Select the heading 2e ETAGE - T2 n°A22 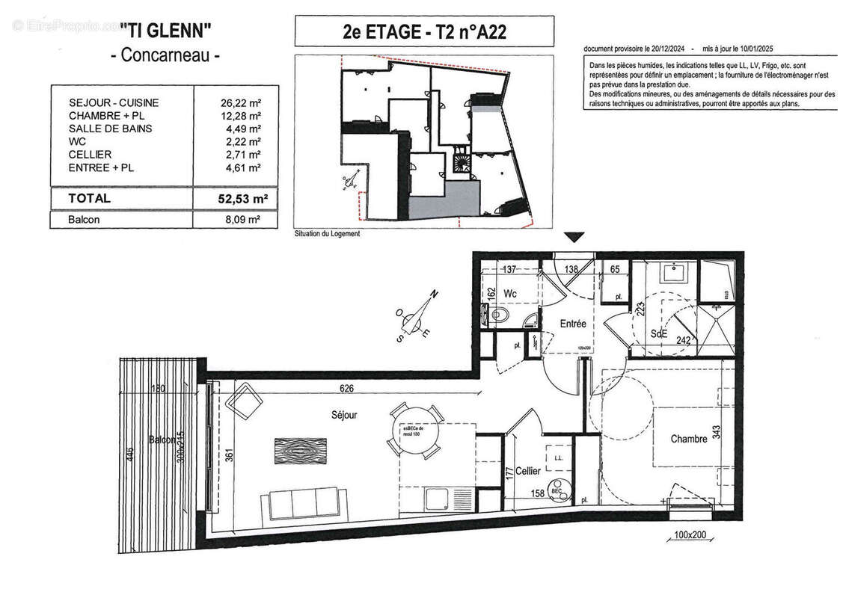[x=424, y=32]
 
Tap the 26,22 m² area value [x=239, y=102]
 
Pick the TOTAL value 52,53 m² [x=238, y=198]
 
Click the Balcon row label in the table [x=83, y=221]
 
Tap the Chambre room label [x=688, y=439]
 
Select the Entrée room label [x=573, y=324]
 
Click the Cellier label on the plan [x=528, y=471]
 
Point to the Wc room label [x=512, y=293]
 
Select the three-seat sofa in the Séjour [x=303, y=502]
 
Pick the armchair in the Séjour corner [x=244, y=404]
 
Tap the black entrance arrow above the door [x=574, y=238]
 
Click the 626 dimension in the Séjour [x=345, y=389]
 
